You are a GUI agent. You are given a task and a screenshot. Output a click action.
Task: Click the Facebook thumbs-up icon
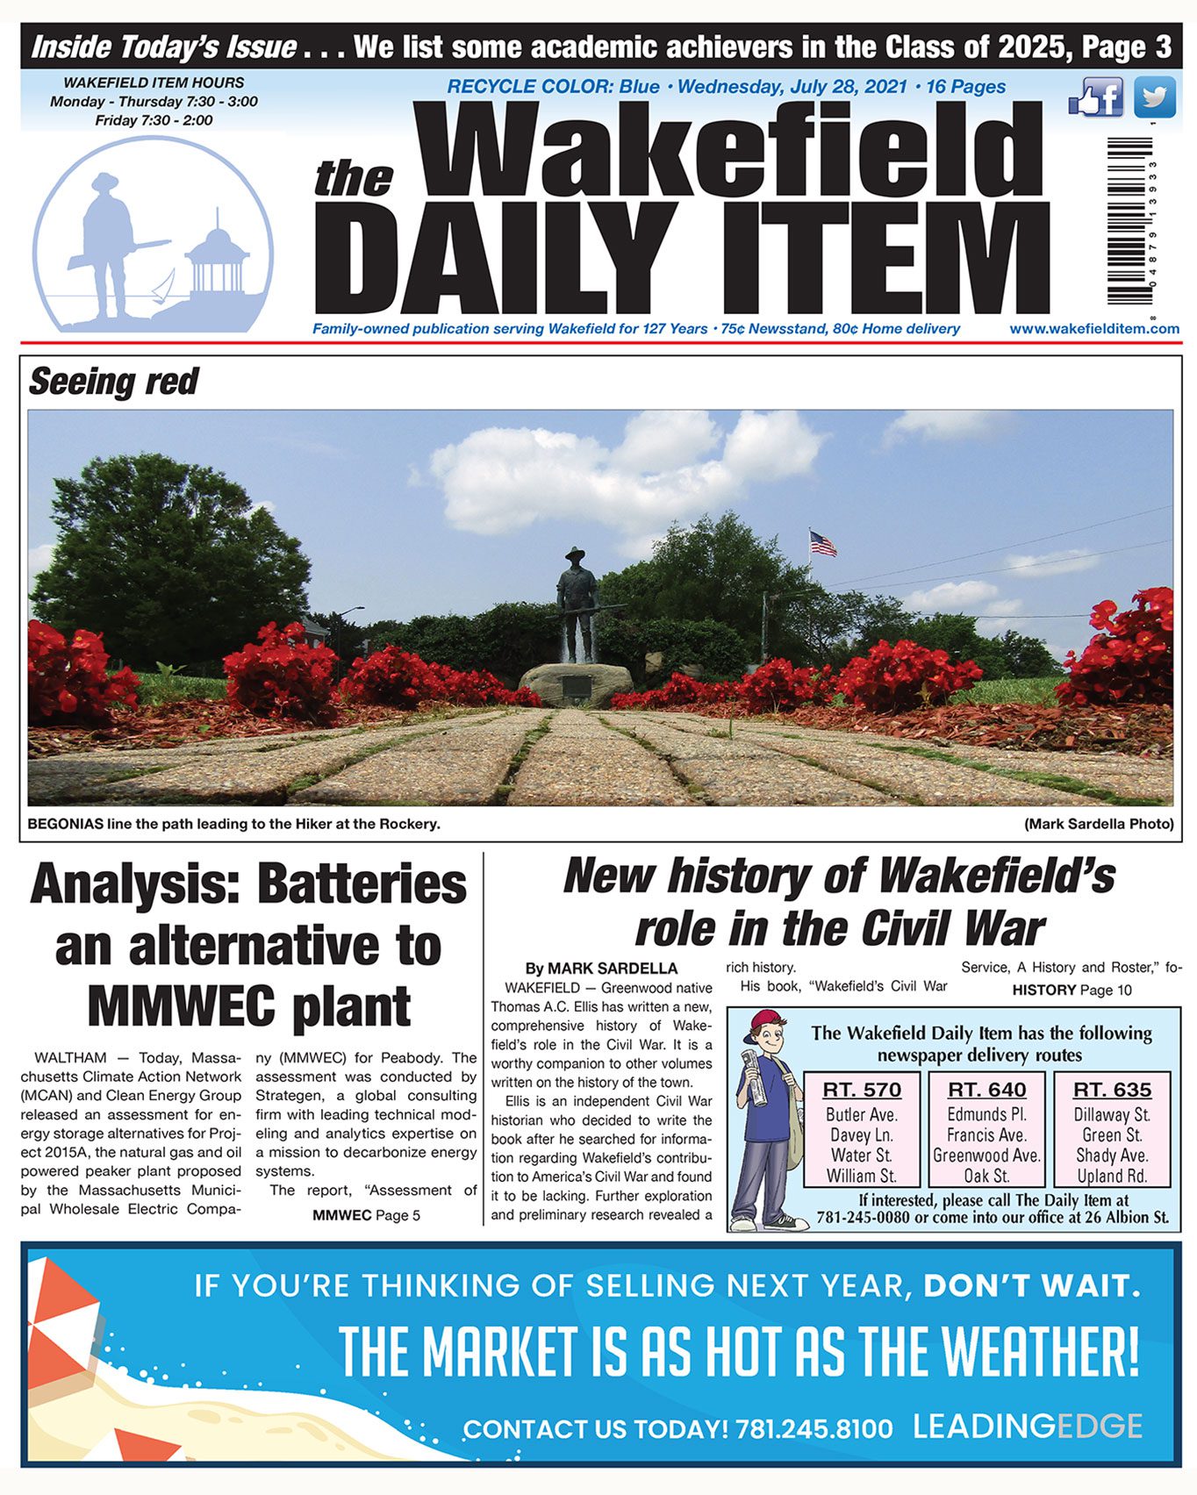pos(1095,97)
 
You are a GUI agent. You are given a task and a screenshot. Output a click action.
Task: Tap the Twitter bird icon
pos(1154,97)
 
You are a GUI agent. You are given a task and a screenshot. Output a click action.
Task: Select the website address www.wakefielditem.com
pos(1093,329)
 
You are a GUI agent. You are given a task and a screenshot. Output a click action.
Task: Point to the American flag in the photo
pos(822,544)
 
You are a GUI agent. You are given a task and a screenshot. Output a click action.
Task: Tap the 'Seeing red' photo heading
pos(113,383)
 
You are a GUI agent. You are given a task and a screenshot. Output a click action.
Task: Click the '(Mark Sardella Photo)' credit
pos(1098,824)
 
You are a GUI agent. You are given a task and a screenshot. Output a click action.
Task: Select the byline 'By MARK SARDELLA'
pos(601,969)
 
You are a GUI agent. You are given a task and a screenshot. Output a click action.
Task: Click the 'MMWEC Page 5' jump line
pos(366,1215)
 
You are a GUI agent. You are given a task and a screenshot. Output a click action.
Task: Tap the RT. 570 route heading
pos(862,1090)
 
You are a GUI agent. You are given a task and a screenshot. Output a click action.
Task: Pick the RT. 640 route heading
pos(986,1090)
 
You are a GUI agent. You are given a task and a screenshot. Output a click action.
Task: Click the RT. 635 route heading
pos(1111,1090)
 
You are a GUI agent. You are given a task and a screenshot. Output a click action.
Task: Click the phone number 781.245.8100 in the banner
pos(814,1429)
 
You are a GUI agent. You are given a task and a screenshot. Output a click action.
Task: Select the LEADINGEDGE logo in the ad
pos(1027,1427)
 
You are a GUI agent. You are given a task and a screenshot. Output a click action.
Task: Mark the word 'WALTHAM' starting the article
pos(70,1058)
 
